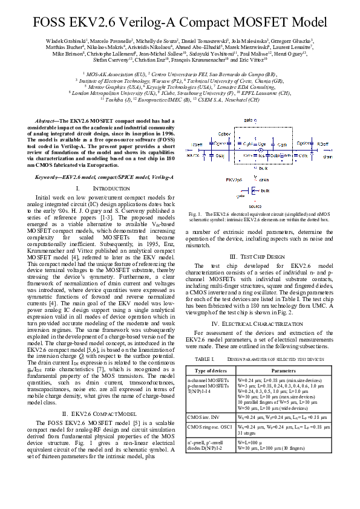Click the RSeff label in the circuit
click(197, 146)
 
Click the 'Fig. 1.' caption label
click(195, 214)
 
